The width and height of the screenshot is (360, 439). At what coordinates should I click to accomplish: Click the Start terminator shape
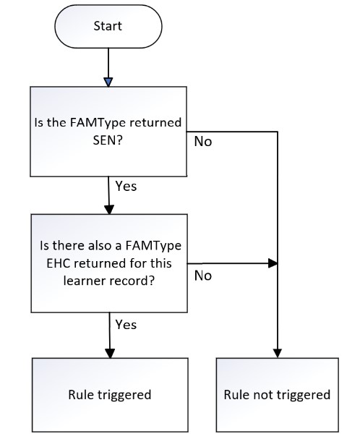pos(108,26)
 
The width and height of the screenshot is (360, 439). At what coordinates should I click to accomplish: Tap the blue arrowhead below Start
pos(108,82)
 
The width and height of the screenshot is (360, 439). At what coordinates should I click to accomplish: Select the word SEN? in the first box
pos(108,140)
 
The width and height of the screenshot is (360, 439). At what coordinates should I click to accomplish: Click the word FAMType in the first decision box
pos(98,123)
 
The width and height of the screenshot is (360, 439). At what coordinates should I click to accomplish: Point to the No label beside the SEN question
pos(203,141)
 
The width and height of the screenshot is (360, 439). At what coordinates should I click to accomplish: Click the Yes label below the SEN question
pos(126,186)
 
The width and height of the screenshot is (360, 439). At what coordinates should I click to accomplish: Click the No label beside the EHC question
pos(203,276)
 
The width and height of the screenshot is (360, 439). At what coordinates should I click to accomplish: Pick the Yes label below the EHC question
pos(126,325)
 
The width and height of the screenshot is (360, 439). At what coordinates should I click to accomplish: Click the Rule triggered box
pos(110,395)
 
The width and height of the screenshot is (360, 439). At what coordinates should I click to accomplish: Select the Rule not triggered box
pos(277,395)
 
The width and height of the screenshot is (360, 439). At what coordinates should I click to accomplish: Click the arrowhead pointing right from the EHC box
pos(273,263)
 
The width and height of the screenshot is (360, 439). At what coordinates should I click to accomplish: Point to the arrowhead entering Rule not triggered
pos(278,354)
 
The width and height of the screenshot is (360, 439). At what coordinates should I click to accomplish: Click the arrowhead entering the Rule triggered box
pos(111,354)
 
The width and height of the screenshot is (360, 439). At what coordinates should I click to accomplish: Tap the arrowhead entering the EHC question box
pos(109,210)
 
